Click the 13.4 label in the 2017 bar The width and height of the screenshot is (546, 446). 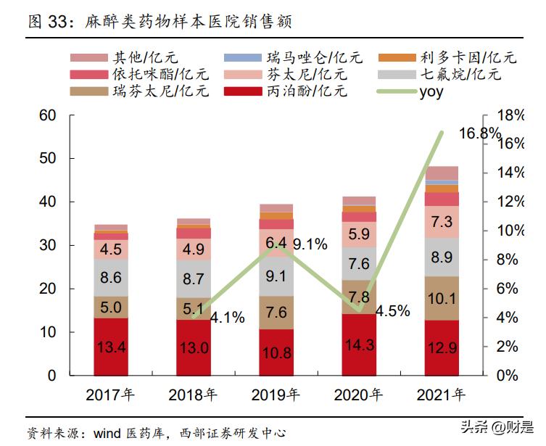111,348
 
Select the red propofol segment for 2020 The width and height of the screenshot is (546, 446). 359,344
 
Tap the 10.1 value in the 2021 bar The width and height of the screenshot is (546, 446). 442,299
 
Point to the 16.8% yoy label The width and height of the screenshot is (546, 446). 480,133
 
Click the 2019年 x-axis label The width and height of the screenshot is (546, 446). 275,395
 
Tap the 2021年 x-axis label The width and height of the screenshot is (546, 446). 441,395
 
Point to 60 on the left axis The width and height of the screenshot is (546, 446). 47,115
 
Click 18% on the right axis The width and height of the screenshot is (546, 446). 510,115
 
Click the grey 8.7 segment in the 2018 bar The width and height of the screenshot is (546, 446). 194,278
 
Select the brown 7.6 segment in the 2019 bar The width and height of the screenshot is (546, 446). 276,313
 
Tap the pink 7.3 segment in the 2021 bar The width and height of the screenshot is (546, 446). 442,222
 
